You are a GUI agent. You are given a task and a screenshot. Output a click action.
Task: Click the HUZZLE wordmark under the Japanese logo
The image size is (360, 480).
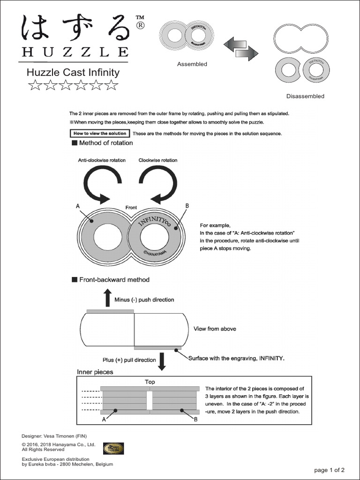click(74, 52)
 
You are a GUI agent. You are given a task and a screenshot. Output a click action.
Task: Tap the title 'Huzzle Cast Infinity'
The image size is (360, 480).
click(73, 72)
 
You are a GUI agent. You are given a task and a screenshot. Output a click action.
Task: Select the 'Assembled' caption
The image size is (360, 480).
click(192, 64)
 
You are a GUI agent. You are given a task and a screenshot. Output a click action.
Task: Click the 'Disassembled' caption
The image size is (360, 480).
click(305, 96)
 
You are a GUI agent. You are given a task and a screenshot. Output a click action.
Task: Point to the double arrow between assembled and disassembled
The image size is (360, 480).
click(241, 47)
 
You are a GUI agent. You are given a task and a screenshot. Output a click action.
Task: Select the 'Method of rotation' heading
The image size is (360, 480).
click(99, 143)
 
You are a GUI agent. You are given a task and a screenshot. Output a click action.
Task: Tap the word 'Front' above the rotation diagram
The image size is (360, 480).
click(131, 207)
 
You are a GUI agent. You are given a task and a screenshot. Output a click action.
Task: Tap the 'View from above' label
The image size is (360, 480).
click(215, 329)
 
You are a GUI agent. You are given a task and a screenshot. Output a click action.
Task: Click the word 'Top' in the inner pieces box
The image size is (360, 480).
click(150, 382)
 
